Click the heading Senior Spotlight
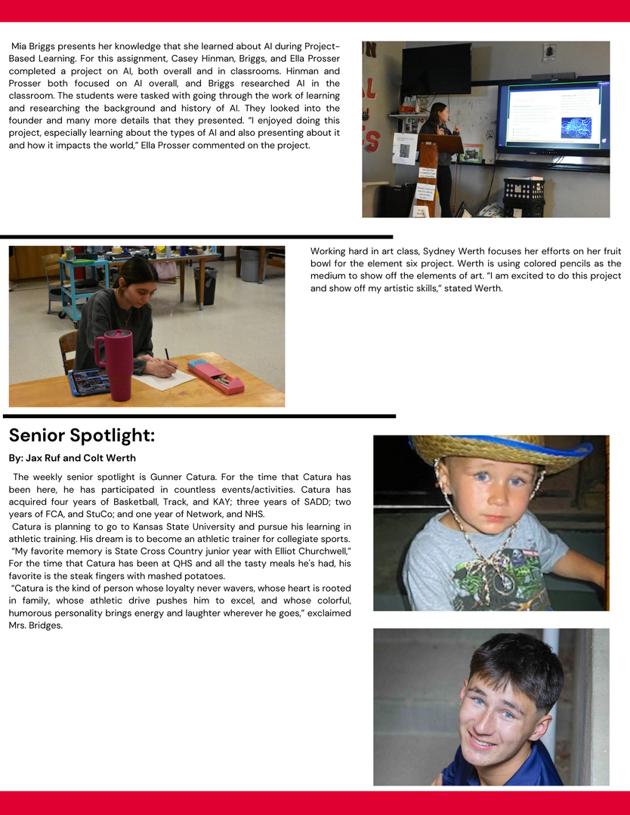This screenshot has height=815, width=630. click(x=82, y=435)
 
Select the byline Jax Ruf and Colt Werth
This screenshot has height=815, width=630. click(x=72, y=458)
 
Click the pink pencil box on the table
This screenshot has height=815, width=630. click(x=216, y=375)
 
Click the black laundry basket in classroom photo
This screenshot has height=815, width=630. click(x=523, y=197)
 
